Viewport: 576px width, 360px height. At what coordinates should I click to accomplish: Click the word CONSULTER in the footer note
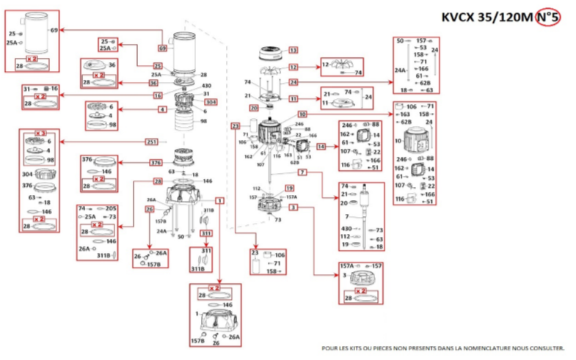(x=543, y=348)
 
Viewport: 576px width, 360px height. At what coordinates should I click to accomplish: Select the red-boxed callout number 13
(x=294, y=51)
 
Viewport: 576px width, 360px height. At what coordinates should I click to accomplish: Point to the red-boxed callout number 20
(x=254, y=109)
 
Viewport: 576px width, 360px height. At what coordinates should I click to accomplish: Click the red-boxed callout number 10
(x=302, y=115)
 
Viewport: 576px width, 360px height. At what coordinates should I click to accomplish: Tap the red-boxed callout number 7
(x=302, y=172)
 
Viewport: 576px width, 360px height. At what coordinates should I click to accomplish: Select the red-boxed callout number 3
(x=294, y=208)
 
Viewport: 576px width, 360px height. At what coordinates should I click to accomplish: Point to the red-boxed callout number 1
(x=219, y=200)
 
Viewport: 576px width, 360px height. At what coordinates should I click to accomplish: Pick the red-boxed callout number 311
(x=206, y=234)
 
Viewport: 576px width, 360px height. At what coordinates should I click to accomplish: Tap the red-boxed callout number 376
(x=156, y=162)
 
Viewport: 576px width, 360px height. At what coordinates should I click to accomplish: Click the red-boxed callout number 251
(x=152, y=141)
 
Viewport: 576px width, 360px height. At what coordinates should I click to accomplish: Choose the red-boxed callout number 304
(x=211, y=102)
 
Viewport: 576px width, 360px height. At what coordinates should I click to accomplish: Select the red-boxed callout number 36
(x=156, y=83)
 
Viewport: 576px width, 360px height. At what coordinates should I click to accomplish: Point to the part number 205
(x=112, y=209)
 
